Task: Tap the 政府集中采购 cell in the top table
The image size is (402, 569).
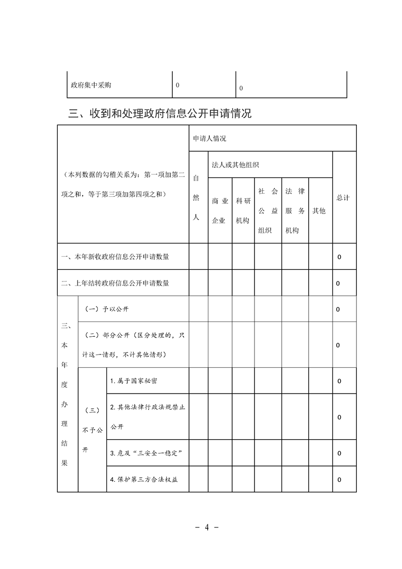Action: click(91, 85)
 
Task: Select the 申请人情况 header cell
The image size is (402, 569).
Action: click(209, 138)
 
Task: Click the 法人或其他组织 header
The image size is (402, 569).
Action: click(236, 165)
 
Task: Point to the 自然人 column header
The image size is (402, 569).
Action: click(197, 198)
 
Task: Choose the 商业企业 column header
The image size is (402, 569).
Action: click(220, 210)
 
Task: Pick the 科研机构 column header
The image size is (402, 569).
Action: click(243, 210)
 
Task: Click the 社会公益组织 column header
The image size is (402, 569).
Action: click(268, 210)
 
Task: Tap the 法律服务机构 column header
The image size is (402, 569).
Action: click(295, 210)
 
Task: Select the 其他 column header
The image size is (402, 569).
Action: click(319, 210)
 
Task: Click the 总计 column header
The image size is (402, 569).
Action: click(343, 198)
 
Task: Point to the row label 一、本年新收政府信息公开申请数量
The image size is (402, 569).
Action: click(115, 257)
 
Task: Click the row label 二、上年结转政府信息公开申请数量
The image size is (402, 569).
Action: click(115, 283)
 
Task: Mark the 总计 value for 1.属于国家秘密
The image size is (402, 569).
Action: click(339, 381)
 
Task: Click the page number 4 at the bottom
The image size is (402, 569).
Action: click(207, 526)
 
